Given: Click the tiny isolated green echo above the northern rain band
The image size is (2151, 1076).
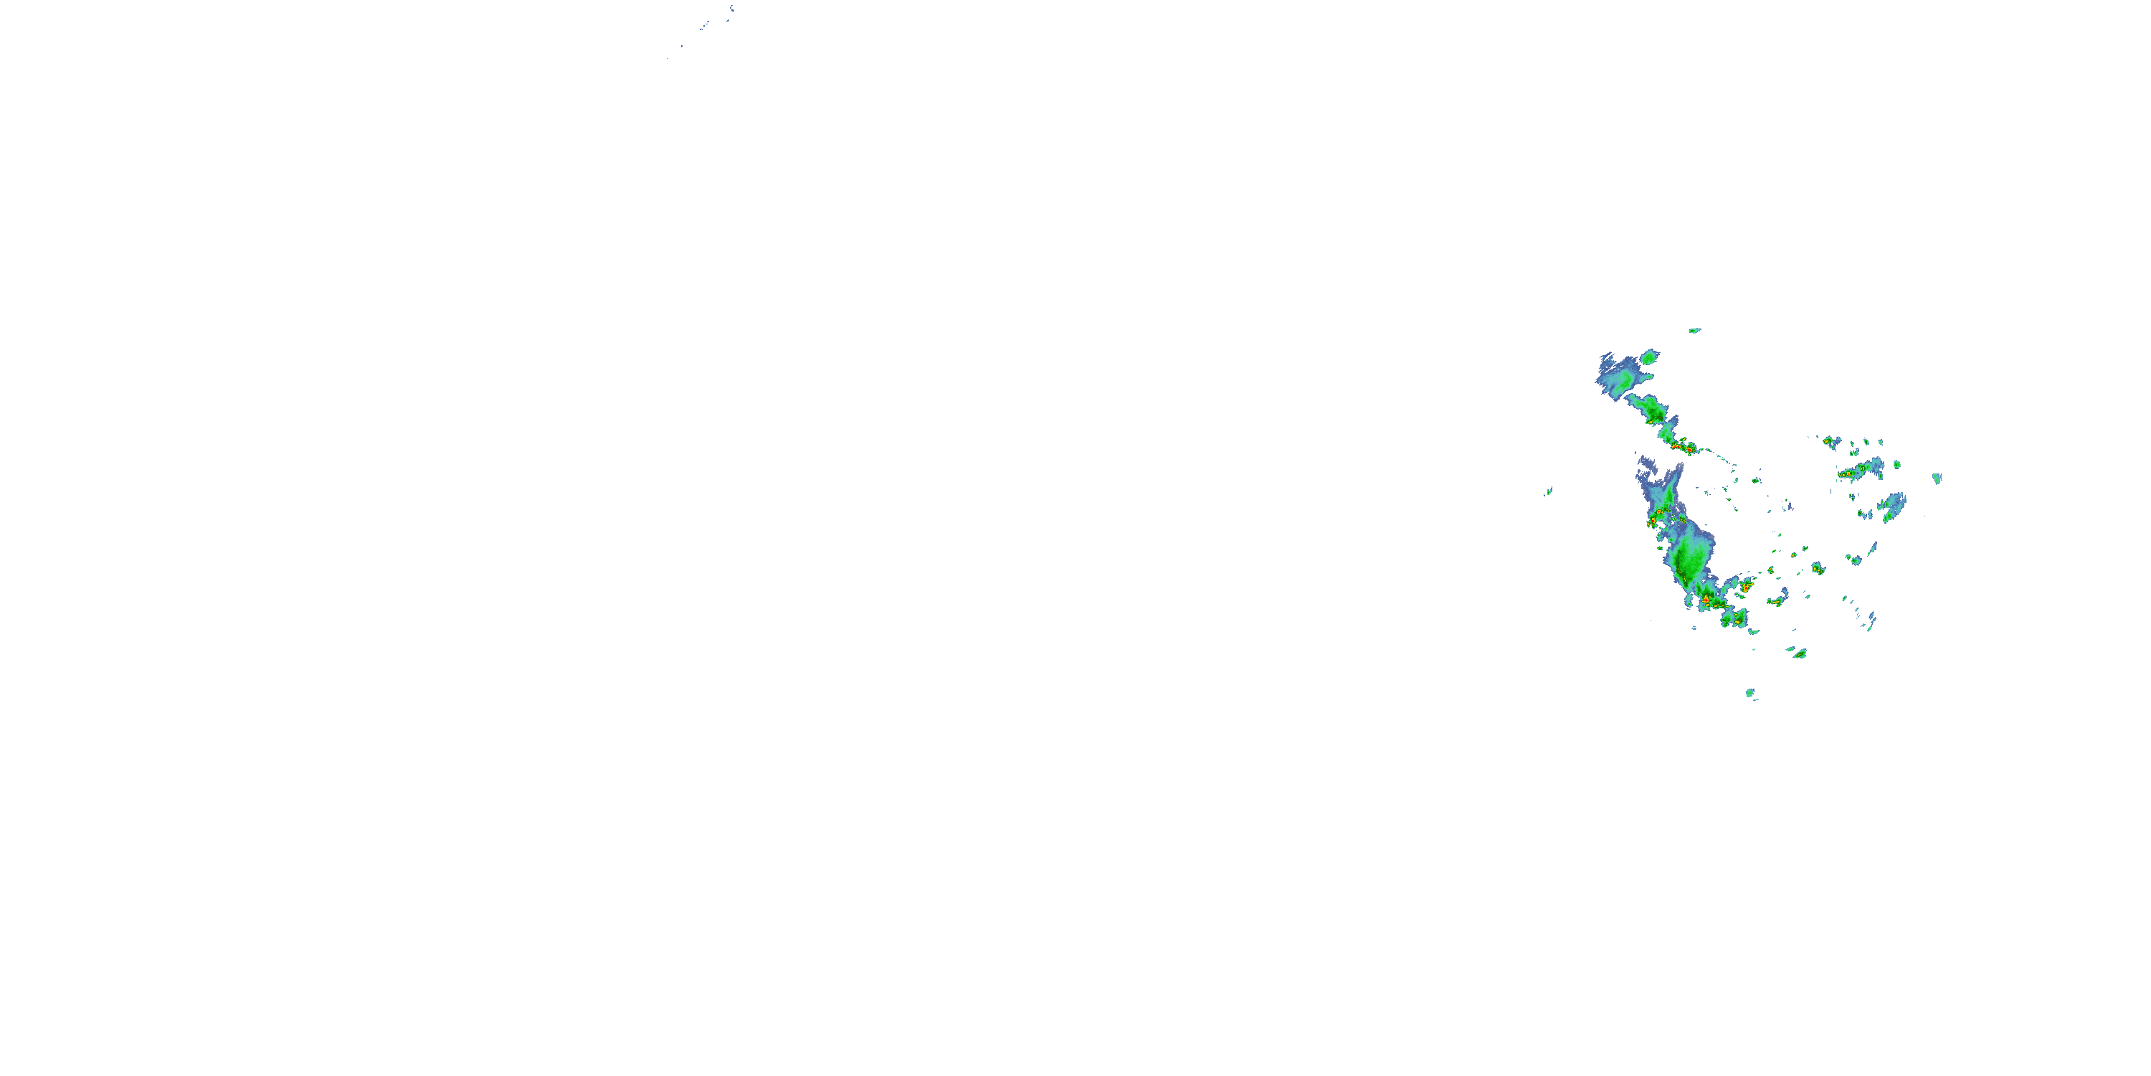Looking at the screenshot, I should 1694,331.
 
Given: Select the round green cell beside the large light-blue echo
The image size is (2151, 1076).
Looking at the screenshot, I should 1648,357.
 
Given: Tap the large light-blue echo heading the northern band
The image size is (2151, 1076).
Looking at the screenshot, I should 1620,381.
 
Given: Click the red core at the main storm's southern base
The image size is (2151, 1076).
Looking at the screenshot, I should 1705,599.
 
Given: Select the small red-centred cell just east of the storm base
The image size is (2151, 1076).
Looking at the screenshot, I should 1744,587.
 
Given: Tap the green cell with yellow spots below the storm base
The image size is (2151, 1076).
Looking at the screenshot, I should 1734,619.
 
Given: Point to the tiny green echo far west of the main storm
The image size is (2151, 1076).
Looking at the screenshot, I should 1548,491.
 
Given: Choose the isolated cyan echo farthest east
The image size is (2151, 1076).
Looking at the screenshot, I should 1937,478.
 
